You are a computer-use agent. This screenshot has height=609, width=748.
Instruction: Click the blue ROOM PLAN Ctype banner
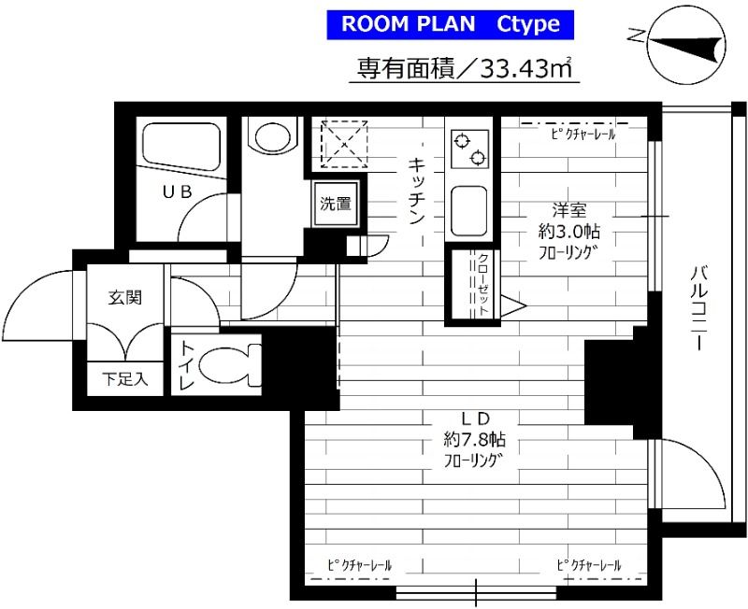point(451,24)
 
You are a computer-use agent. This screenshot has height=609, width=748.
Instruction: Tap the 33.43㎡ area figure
point(525,68)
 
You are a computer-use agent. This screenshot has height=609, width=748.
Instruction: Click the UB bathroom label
point(178,191)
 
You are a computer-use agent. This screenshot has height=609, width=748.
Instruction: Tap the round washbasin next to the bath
point(272,137)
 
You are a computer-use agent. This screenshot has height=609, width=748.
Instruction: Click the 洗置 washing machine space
point(336,204)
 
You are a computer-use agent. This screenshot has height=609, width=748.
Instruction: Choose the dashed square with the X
point(344,145)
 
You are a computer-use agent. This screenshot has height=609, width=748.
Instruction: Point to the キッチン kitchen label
point(417,191)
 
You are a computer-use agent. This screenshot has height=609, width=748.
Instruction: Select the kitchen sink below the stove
point(469,210)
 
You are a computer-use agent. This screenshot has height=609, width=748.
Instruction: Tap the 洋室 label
point(569,209)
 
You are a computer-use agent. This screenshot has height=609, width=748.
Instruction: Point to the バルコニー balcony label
point(698,309)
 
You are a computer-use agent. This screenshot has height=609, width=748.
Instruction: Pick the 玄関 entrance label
point(125,298)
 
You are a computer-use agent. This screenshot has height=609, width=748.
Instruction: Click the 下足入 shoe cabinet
point(125,379)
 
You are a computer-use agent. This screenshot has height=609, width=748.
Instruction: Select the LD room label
point(475,418)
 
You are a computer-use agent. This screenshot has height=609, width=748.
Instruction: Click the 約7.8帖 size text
point(475,439)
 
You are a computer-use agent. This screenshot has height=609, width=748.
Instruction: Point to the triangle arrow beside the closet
point(512,305)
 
